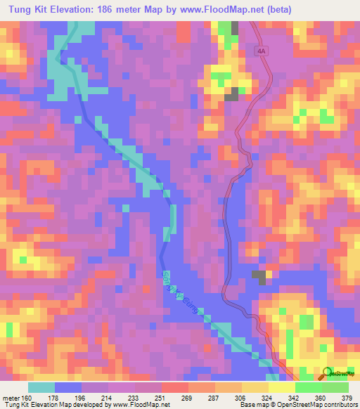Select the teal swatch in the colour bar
click(41, 387)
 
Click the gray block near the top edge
click(234, 30)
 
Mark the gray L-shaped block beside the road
click(259, 276)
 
